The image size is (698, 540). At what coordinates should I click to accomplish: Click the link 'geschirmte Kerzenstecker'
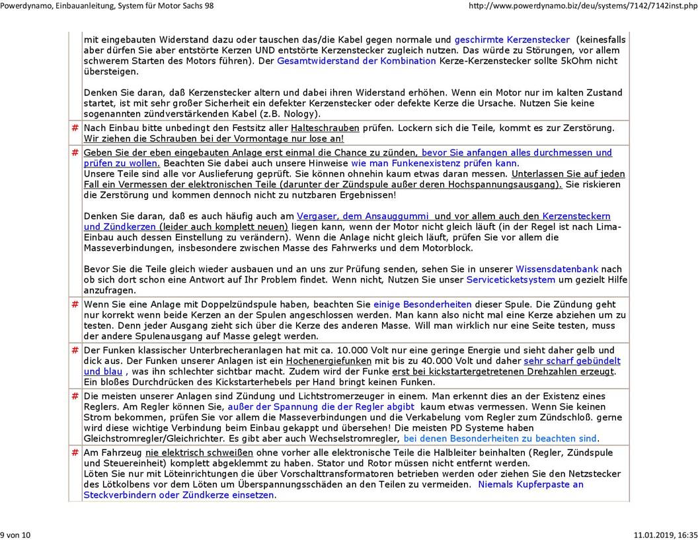tap(512, 40)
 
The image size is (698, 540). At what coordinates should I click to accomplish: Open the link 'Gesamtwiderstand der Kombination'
tap(356, 61)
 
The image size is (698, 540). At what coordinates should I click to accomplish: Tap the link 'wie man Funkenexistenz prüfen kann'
tap(434, 163)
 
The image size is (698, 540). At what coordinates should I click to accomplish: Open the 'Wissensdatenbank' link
tap(557, 269)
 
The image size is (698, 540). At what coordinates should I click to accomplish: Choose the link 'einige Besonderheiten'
tap(422, 304)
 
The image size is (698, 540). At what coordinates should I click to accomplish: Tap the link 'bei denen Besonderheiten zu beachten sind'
tap(500, 438)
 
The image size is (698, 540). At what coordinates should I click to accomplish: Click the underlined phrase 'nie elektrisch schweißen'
tap(199, 453)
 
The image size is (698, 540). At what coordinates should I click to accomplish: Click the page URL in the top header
tap(582, 6)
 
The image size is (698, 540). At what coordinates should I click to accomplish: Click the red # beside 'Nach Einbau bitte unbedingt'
tap(75, 128)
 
